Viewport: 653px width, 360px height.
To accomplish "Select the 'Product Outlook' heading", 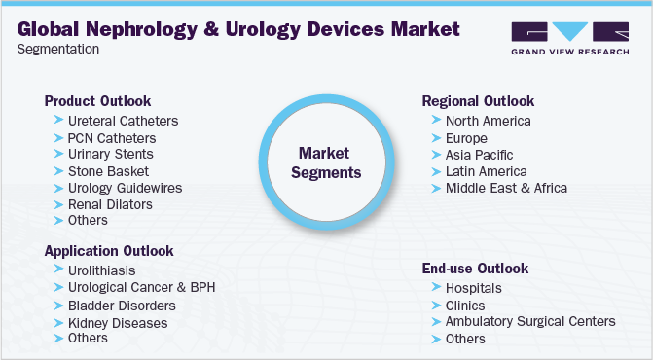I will coord(97,101).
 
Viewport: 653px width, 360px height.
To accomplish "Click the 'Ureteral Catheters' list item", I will coord(124,122).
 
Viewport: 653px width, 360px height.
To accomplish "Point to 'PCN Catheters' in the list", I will coord(112,138).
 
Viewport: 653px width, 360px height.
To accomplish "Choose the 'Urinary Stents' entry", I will coord(111,155).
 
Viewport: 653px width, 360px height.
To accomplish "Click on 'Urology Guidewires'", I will coord(125,187).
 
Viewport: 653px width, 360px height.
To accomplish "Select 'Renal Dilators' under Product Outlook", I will coord(110,204).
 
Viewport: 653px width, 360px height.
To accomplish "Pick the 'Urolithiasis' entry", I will coord(102,270).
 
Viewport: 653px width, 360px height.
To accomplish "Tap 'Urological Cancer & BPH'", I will coord(141,288).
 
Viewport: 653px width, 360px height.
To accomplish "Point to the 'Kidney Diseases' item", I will coord(118,322).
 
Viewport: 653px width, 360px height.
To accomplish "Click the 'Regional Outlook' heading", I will coord(478,101).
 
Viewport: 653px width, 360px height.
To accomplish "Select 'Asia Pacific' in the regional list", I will coord(479,155).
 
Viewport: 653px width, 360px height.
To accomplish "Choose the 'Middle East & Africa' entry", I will coord(506,188).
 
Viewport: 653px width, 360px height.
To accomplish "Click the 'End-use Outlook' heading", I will coord(475,268).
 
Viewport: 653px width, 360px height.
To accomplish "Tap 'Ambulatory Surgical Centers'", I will coord(530,321).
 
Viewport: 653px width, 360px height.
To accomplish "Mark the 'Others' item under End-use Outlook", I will coord(465,339).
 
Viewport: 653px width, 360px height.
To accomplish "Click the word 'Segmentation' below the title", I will coord(57,49).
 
